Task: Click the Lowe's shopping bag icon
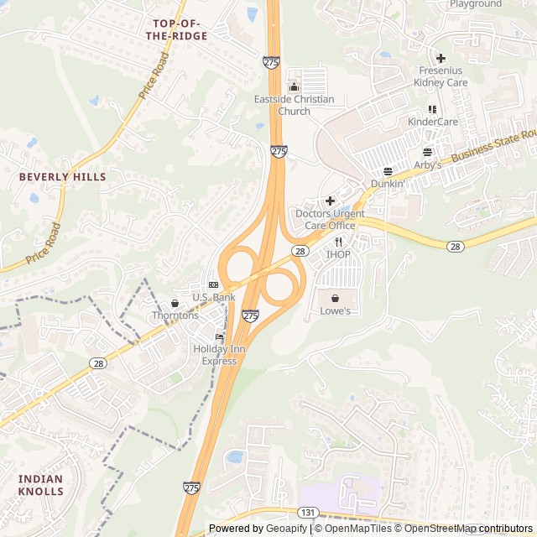click(x=335, y=298)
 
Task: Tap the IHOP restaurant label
click(x=338, y=254)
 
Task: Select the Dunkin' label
click(x=388, y=183)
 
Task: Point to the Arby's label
click(x=427, y=165)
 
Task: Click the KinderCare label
click(x=432, y=122)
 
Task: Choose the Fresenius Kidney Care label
click(x=441, y=77)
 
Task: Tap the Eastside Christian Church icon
click(x=294, y=86)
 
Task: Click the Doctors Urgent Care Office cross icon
click(x=330, y=201)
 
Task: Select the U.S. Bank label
click(x=213, y=297)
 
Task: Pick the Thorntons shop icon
click(x=175, y=303)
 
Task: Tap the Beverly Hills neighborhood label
click(x=63, y=177)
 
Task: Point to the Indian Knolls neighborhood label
click(x=40, y=485)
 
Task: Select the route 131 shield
click(x=307, y=512)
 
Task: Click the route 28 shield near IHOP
click(x=300, y=250)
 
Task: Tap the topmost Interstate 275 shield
click(x=271, y=62)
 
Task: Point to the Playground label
click(x=475, y=4)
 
